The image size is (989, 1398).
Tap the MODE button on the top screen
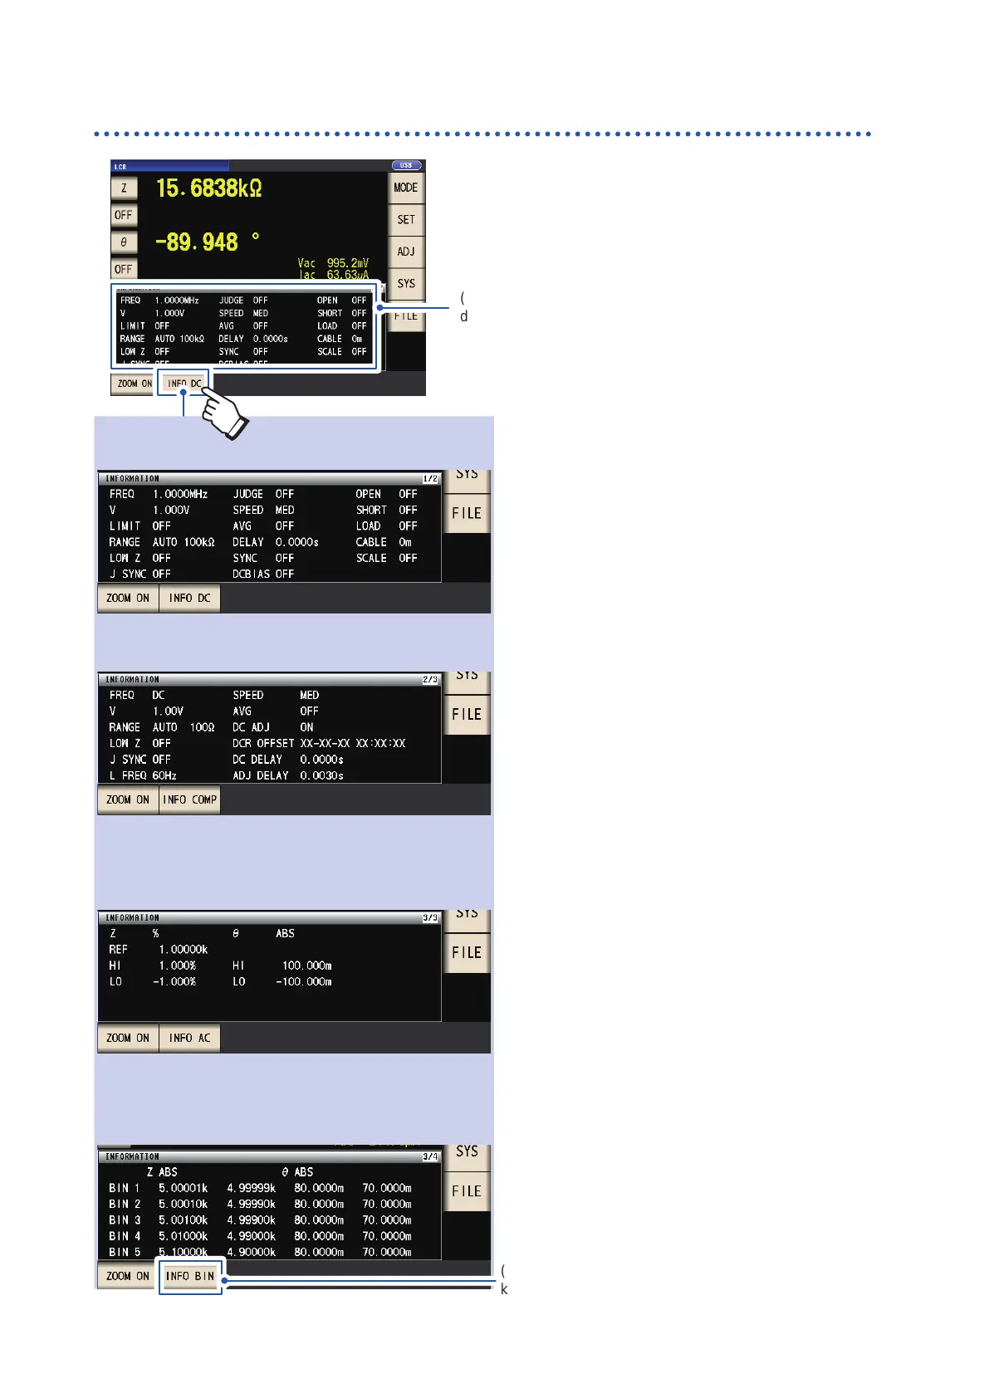pos(405,188)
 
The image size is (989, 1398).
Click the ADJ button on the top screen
pos(405,252)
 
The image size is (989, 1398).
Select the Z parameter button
pos(124,188)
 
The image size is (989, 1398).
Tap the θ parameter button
pos(124,242)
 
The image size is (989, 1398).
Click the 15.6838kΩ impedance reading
pos(209,188)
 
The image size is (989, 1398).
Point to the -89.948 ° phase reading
pos(208,242)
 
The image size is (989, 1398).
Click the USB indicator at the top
pos(406,165)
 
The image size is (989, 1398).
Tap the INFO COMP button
pos(189,799)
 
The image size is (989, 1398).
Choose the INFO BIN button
pos(190,1276)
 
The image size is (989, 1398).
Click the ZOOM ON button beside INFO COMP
pos(128,799)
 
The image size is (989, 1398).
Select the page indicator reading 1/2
pos(430,479)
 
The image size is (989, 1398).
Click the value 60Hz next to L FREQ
pos(164,775)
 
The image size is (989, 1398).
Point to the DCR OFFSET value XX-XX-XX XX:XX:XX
pos(353,743)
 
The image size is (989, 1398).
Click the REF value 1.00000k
pos(184,949)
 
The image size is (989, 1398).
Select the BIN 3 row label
pos(125,1220)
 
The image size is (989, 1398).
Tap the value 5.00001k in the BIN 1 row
pos(184,1188)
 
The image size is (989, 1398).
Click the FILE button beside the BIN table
pos(467,1191)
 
